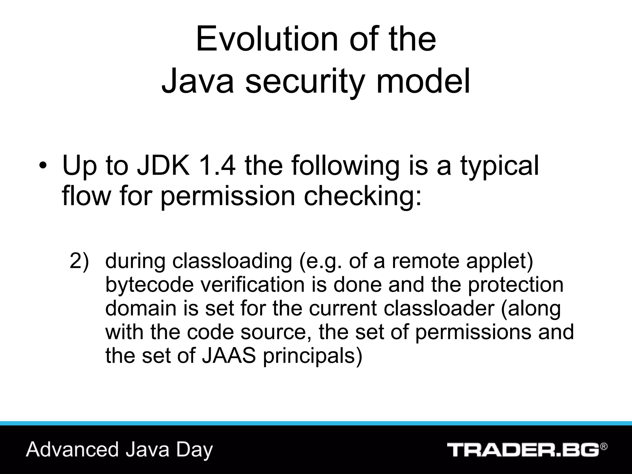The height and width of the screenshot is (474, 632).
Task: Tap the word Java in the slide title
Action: [197, 81]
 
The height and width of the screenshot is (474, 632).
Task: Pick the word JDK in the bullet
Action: [163, 166]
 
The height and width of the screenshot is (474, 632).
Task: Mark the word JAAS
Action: [229, 355]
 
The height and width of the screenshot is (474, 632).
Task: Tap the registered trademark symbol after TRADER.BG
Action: [604, 447]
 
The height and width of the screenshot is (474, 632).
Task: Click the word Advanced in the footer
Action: [73, 449]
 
